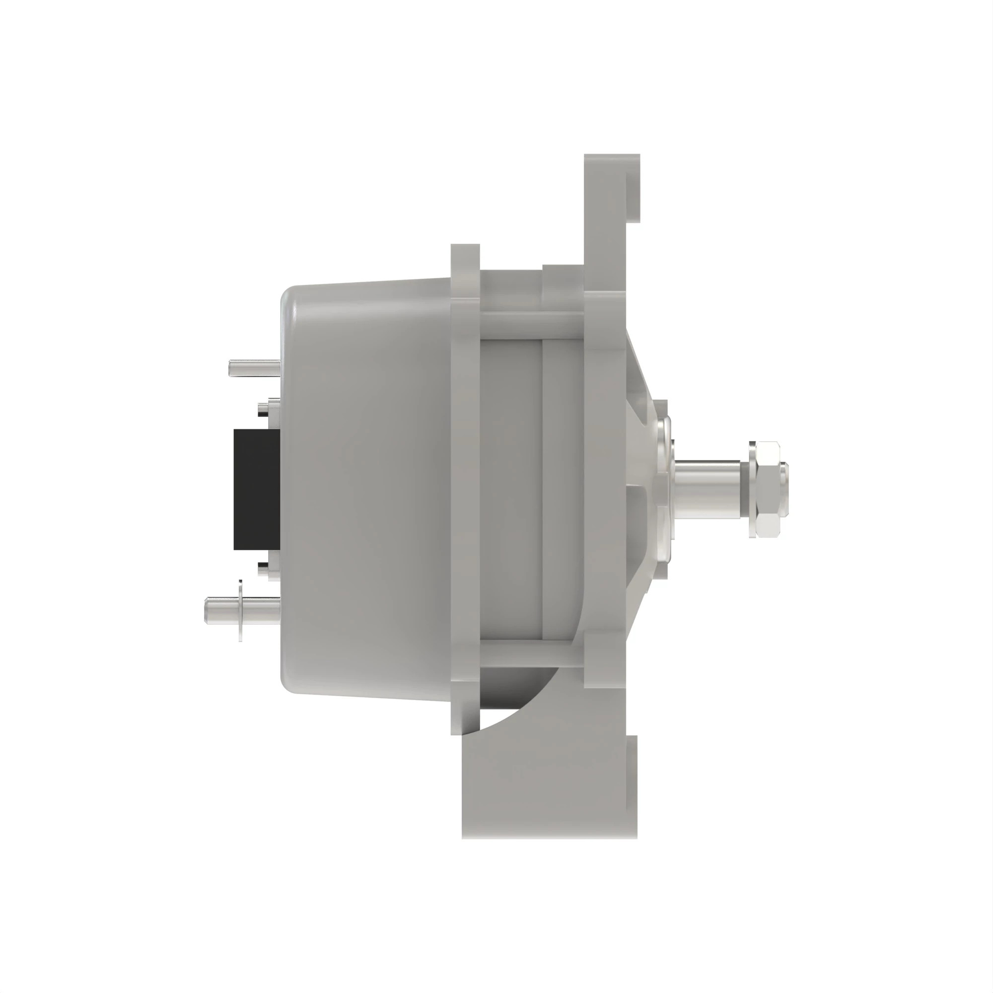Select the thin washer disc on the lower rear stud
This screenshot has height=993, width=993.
pos(240,611)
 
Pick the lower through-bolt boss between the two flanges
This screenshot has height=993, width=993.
pos(532,654)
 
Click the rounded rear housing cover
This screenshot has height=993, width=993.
pos(365,488)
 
